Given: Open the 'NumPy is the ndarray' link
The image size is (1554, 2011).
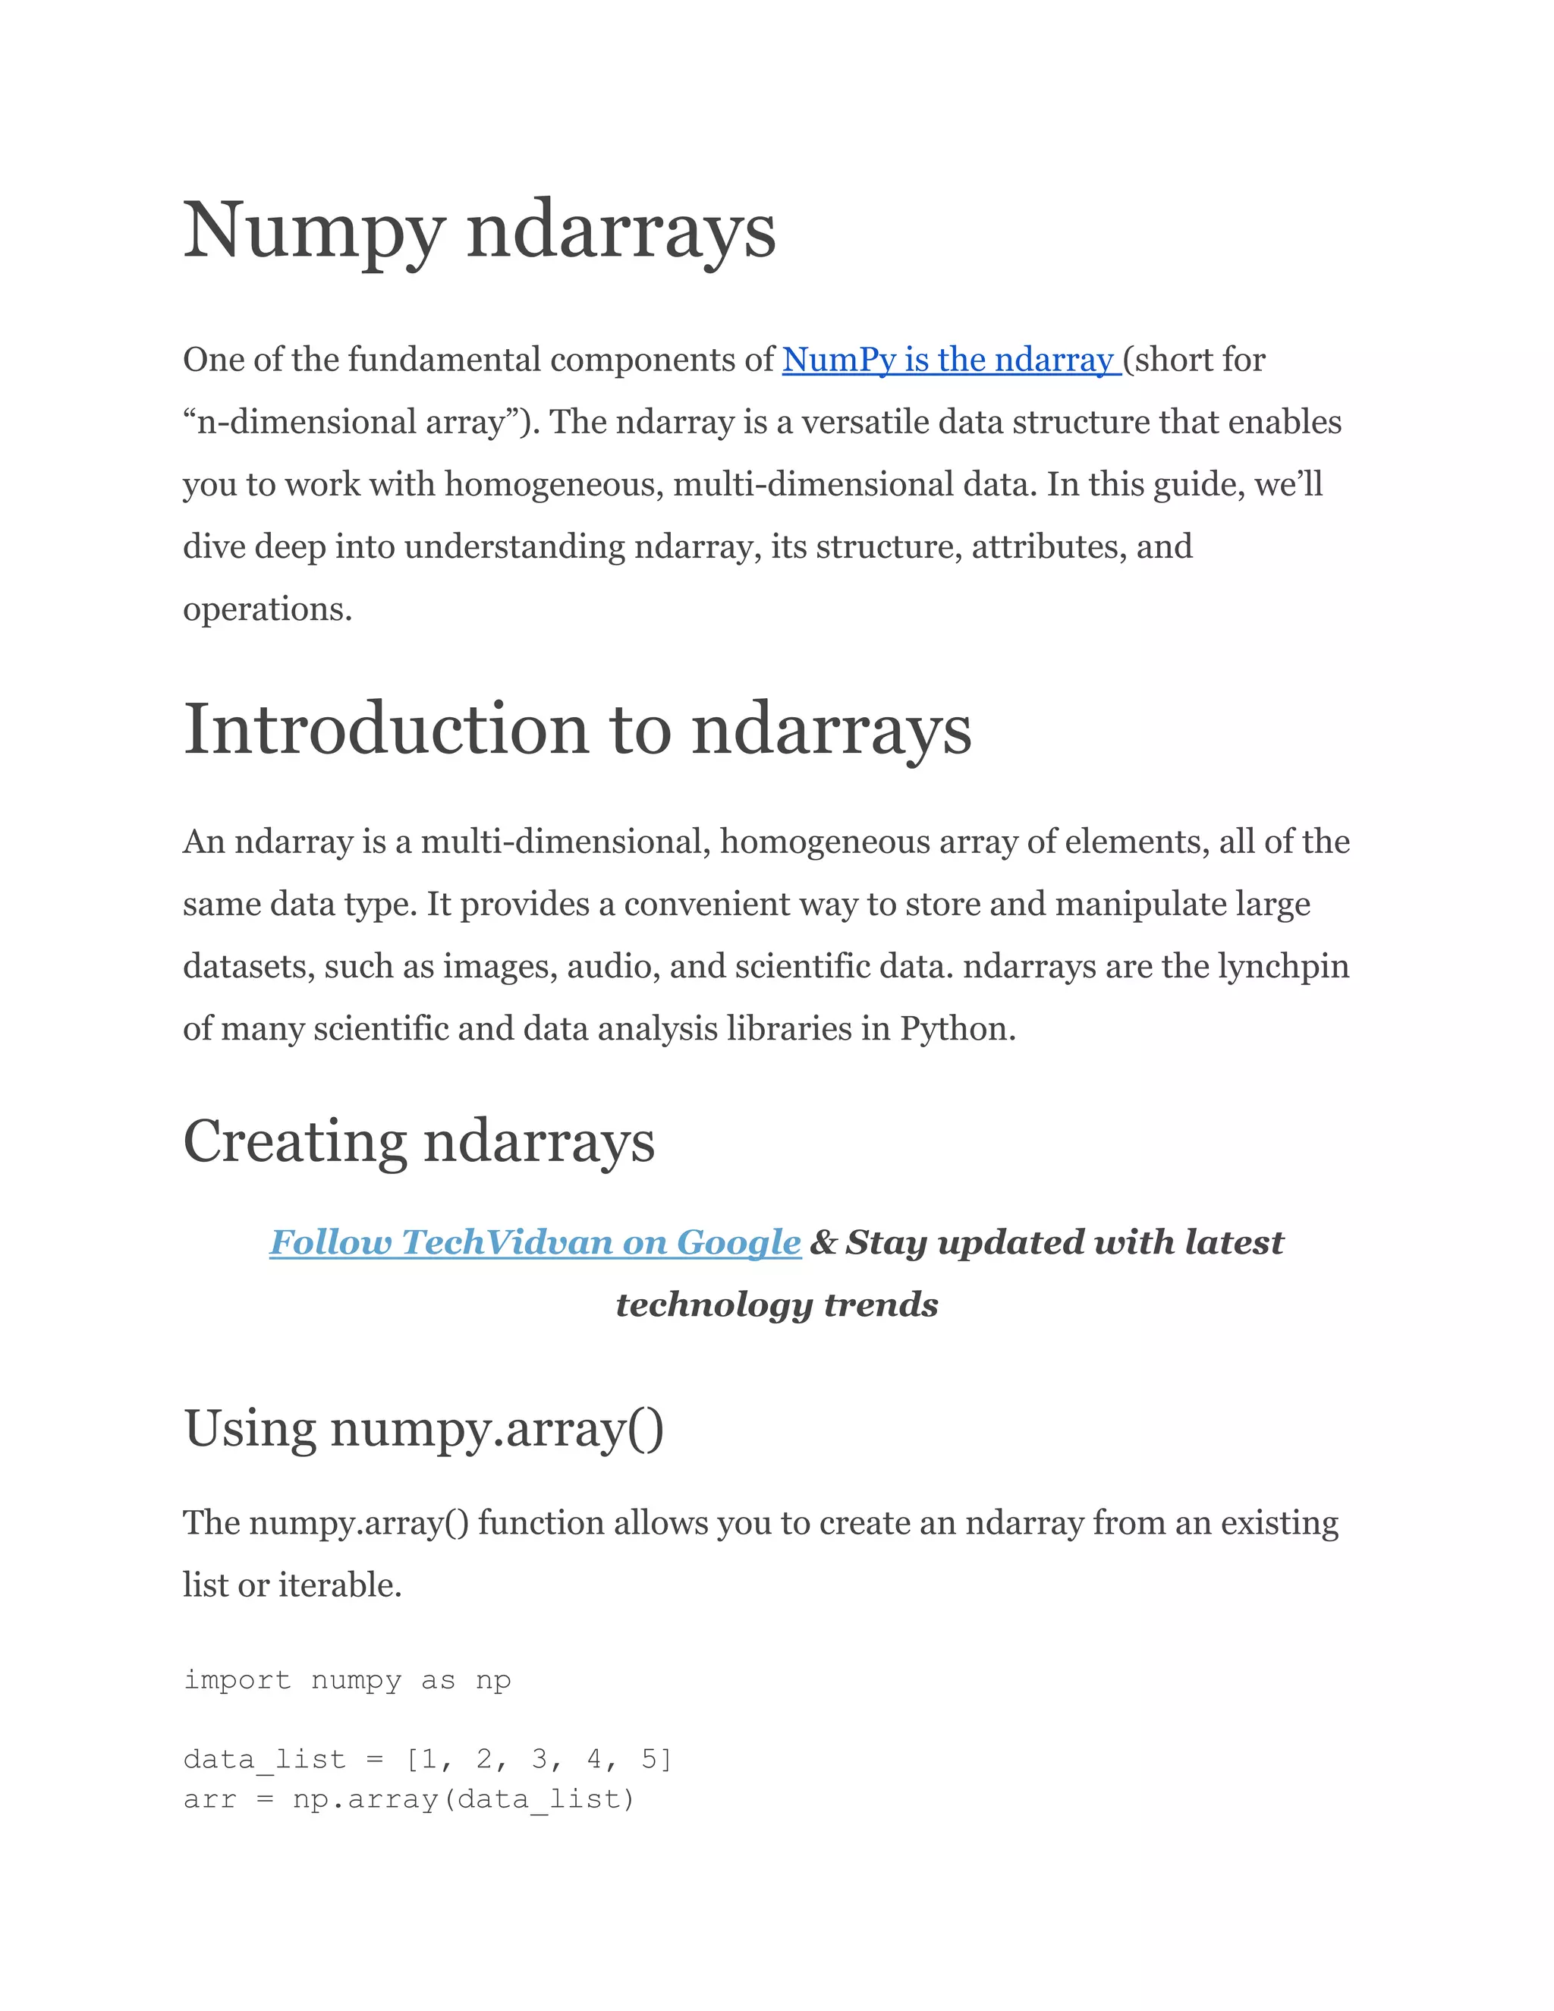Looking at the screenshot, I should click(950, 359).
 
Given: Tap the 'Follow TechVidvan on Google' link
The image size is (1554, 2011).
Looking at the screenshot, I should click(535, 1242).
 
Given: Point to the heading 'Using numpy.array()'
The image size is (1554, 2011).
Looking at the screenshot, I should click(423, 1429).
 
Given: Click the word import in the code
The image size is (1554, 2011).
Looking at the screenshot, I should click(237, 1679).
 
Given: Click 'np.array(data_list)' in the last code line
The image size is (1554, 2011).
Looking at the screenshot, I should click(464, 1799).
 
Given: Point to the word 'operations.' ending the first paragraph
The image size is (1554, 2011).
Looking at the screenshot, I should click(267, 609).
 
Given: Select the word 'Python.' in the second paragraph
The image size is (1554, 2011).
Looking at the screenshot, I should click(958, 1028).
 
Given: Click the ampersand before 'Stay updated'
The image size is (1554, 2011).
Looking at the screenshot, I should click(823, 1242).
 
